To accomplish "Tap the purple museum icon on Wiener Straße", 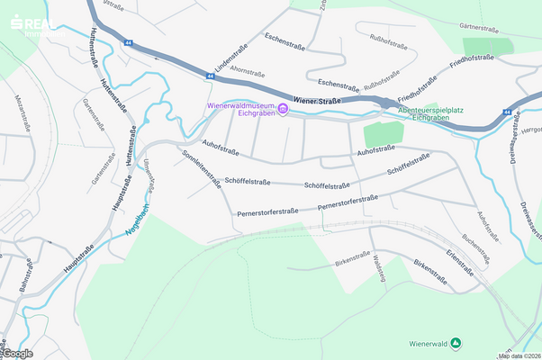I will pyautogui.click(x=284, y=110).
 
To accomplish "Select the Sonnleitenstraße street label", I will pyautogui.click(x=203, y=167).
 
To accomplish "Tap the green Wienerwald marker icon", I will pyautogui.click(x=456, y=343).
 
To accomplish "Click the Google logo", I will pyautogui.click(x=18, y=353).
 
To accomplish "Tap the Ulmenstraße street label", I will pyautogui.click(x=150, y=172).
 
